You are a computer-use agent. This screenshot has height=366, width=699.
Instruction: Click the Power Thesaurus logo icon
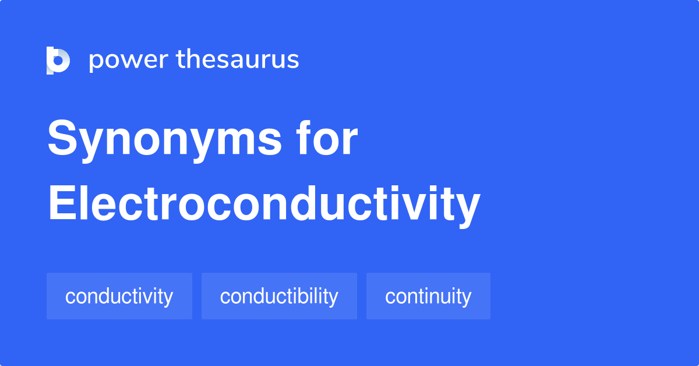tap(58, 60)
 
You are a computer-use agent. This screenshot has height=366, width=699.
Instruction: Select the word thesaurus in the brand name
tap(238, 60)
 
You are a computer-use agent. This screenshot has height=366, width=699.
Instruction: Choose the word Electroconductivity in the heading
tap(264, 205)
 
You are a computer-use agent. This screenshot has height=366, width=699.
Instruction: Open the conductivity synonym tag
tap(119, 296)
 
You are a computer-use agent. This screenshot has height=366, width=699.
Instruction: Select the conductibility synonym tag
tap(279, 296)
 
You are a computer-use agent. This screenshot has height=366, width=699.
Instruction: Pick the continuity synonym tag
tap(428, 296)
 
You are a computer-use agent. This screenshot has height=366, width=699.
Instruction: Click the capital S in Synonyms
tap(62, 139)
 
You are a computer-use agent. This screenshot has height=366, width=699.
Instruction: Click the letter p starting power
tap(96, 62)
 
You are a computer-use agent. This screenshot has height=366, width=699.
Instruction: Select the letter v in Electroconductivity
tap(411, 206)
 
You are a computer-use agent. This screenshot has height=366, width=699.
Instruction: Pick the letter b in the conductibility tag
tap(305, 295)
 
